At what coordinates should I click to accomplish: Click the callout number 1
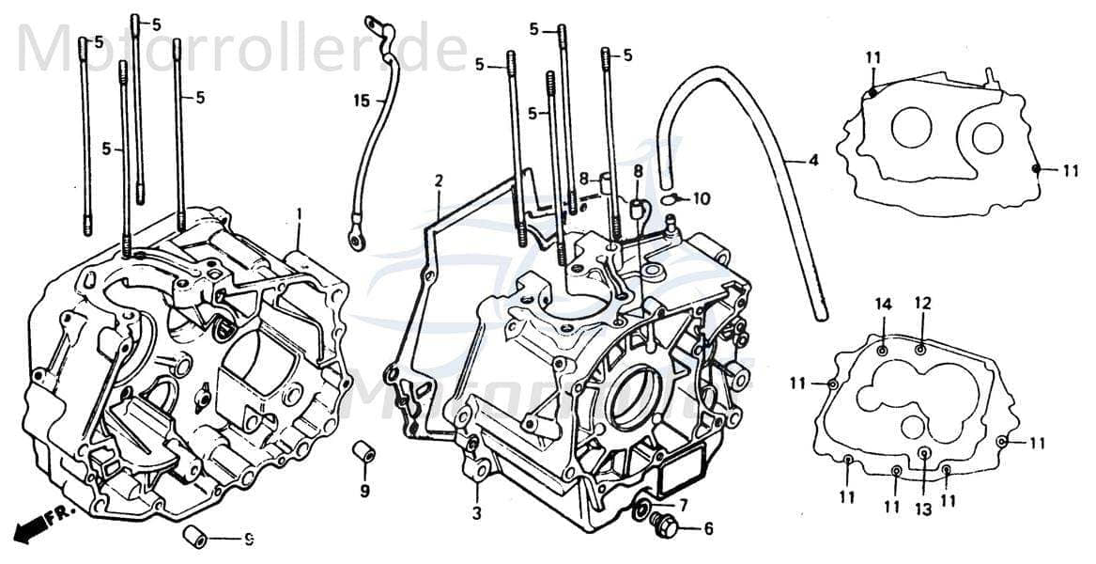299,214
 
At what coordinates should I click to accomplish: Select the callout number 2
439,180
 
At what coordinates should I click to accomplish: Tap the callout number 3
477,513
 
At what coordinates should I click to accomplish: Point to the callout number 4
813,161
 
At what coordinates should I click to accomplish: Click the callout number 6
708,528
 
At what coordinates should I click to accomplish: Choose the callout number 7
684,505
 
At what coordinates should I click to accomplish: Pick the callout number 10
702,198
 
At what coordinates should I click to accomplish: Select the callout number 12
922,303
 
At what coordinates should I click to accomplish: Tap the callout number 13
923,509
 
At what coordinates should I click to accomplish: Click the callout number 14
883,303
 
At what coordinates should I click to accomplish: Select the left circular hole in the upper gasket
910,127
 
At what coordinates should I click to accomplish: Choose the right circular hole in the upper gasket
987,138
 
